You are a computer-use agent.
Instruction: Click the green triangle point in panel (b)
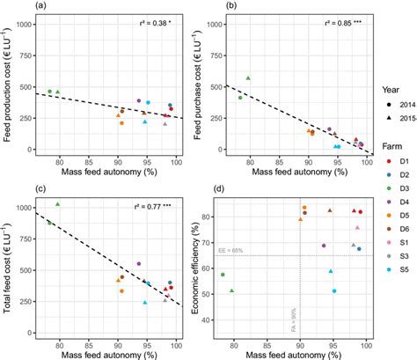[x=249, y=78]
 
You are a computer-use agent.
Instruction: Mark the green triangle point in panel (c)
[x=58, y=204]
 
